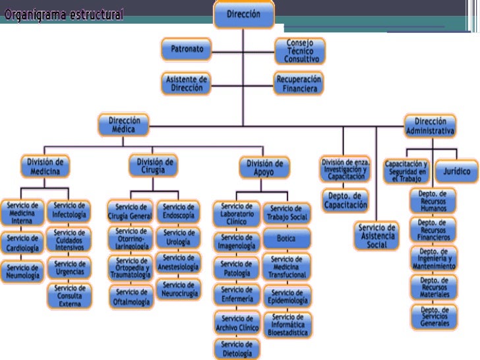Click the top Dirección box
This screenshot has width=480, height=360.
tap(243, 14)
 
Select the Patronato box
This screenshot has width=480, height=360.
tap(187, 49)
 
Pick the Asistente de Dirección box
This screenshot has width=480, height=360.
tap(187, 83)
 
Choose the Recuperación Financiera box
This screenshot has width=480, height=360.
tap(299, 83)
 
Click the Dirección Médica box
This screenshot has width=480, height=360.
tap(123, 125)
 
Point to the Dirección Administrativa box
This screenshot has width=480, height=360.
tap(430, 127)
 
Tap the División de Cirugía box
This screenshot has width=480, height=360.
tap(155, 165)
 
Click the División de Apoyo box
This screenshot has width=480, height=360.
tap(264, 167)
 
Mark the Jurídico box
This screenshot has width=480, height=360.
tap(456, 171)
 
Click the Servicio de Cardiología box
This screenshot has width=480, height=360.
tap(23, 243)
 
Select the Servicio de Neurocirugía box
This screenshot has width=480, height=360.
tap(177, 289)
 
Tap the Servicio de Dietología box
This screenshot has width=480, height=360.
tap(237, 348)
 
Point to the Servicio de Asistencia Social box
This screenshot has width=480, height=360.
tap(375, 236)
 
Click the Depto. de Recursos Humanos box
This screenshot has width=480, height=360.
tap(433, 201)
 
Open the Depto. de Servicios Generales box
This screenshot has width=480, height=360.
tap(434, 316)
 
